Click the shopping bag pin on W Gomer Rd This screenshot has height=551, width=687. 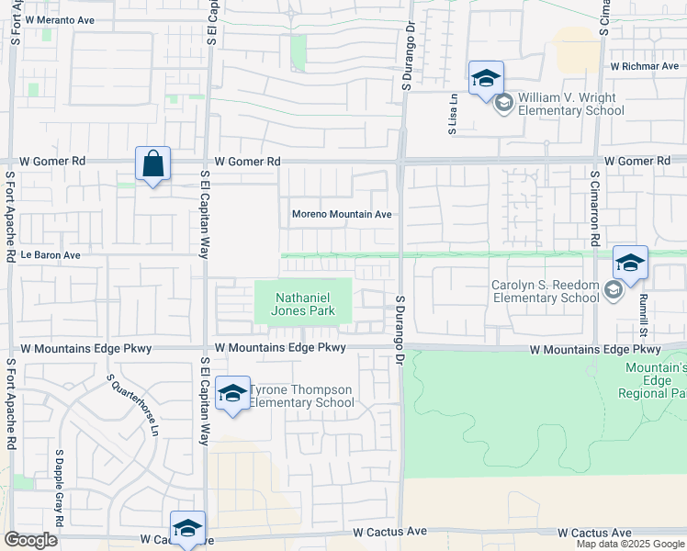[152, 165]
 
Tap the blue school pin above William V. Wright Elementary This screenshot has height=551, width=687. [486, 78]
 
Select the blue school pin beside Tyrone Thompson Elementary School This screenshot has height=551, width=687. [232, 394]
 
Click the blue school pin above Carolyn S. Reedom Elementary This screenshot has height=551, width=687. [630, 263]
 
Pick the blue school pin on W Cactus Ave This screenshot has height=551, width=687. [187, 528]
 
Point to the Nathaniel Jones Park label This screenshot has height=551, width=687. [302, 304]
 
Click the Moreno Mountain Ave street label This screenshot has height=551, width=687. [342, 214]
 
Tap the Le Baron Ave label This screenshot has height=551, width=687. [51, 254]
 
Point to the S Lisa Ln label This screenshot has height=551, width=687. [453, 114]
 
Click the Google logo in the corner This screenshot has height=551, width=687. [30, 540]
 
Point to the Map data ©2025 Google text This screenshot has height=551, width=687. [629, 544]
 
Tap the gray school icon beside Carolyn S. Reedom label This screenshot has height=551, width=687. [613, 291]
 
